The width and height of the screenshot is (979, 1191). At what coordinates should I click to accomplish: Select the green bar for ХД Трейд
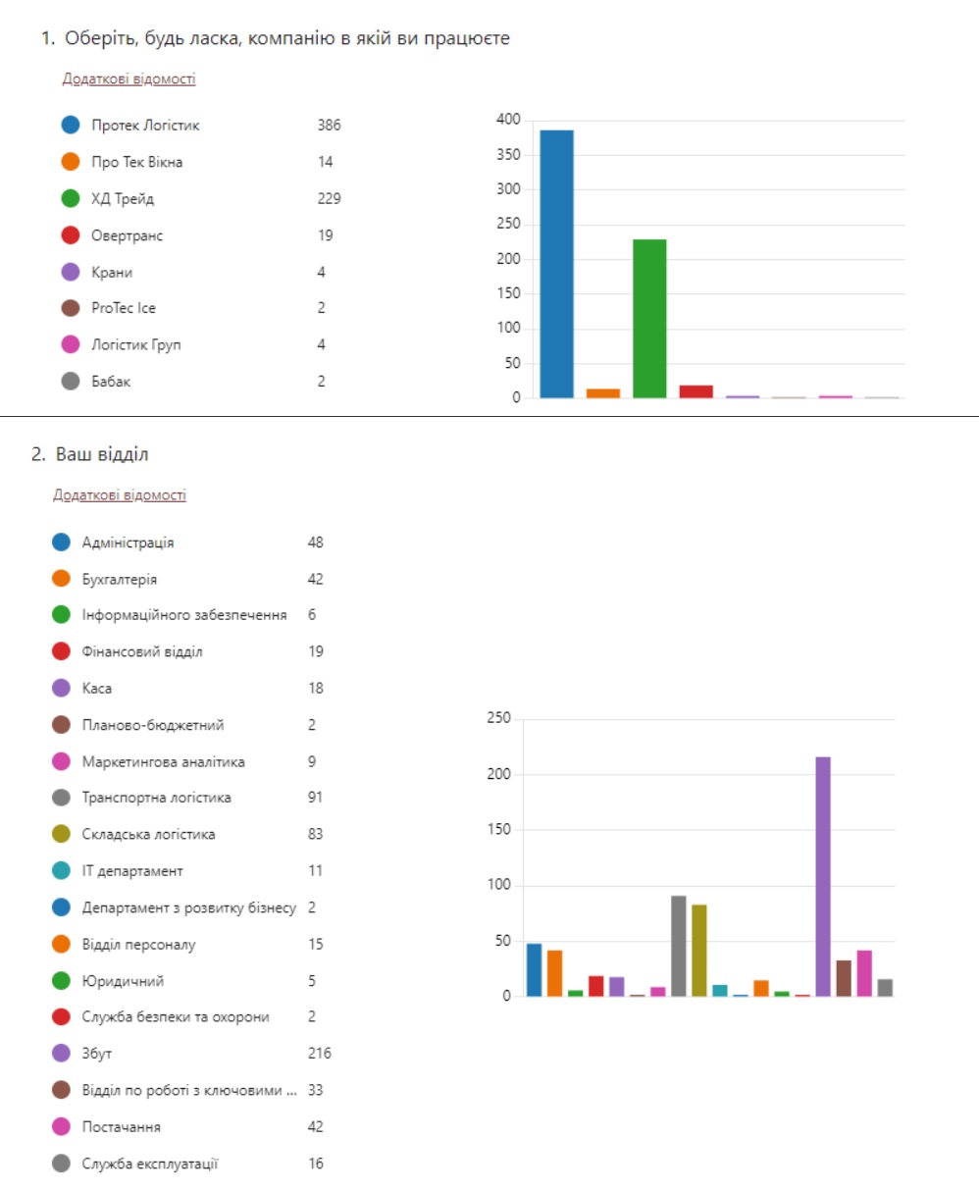coord(649,318)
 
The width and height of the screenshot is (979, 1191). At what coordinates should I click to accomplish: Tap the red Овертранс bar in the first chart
coord(696,391)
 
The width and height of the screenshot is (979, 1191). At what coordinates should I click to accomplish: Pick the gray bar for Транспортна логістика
coord(679,946)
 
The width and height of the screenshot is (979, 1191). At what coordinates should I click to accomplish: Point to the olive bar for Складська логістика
coord(699,950)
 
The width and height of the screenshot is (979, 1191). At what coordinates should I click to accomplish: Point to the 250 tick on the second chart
coord(498,719)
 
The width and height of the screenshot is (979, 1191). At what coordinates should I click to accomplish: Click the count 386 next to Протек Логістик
coord(329,126)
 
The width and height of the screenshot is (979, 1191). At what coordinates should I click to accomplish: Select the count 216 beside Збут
coord(320,1054)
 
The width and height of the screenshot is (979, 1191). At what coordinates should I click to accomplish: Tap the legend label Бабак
coord(111,382)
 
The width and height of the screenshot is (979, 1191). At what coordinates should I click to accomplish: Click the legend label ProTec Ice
coord(124,308)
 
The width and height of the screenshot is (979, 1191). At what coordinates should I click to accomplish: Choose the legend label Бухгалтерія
coord(120,580)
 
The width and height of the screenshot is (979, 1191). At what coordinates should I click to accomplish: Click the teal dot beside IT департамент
coord(62,871)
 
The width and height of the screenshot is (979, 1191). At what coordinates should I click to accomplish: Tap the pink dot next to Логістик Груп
coord(70,345)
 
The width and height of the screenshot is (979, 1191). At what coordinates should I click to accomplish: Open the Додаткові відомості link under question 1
coord(129,79)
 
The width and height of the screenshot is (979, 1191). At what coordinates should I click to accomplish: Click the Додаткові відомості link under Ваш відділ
coord(120,495)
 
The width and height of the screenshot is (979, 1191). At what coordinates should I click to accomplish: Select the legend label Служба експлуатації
coord(150,1165)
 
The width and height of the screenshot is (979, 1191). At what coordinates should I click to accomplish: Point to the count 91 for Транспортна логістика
coord(315,798)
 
